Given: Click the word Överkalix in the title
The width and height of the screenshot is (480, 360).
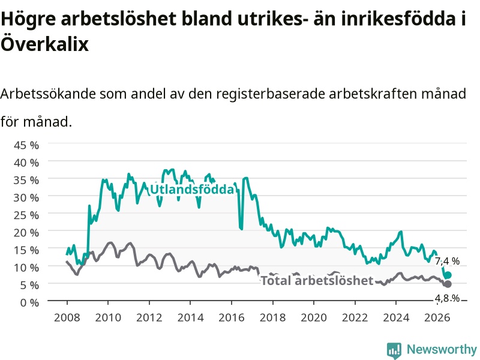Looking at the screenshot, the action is (44, 43).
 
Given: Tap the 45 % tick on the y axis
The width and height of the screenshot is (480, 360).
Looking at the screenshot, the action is (26, 145).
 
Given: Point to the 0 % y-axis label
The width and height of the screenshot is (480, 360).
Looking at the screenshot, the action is (29, 303).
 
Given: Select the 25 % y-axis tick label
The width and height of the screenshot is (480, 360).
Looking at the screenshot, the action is (26, 215).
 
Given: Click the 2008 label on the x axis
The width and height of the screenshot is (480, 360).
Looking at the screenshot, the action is (67, 317).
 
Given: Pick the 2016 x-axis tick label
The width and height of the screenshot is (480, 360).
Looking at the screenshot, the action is (232, 317).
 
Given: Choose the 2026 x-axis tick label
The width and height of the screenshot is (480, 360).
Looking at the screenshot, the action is (437, 317).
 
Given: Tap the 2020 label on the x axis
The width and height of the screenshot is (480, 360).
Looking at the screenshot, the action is (314, 317).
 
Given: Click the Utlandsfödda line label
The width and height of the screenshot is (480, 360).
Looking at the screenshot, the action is (192, 190).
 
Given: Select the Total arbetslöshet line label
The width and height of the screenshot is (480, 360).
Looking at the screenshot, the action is (317, 280).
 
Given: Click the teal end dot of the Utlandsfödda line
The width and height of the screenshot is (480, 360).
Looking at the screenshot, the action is (448, 275).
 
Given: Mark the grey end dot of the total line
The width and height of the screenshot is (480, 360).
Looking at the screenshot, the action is (448, 284).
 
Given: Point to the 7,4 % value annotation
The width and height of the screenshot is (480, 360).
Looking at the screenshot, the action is (447, 261).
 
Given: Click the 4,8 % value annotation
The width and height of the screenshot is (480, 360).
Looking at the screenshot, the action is (447, 298).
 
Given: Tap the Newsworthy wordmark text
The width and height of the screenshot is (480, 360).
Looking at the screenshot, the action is (442, 349).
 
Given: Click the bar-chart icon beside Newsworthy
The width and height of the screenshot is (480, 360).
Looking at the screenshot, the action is (394, 350).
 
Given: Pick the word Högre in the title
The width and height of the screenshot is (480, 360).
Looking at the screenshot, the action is (28, 19).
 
